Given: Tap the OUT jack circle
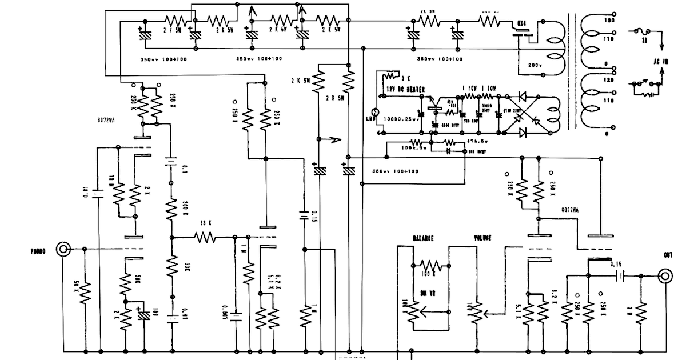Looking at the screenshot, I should pyautogui.click(x=664, y=277).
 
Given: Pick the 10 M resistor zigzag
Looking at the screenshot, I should pyautogui.click(x=118, y=195).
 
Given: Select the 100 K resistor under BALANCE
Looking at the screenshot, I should pyautogui.click(x=430, y=266).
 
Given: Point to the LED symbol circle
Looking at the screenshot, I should pyautogui.click(x=376, y=113).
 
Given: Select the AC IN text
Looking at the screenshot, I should pyautogui.click(x=662, y=60).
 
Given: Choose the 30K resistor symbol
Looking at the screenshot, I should pyautogui.click(x=171, y=266).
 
